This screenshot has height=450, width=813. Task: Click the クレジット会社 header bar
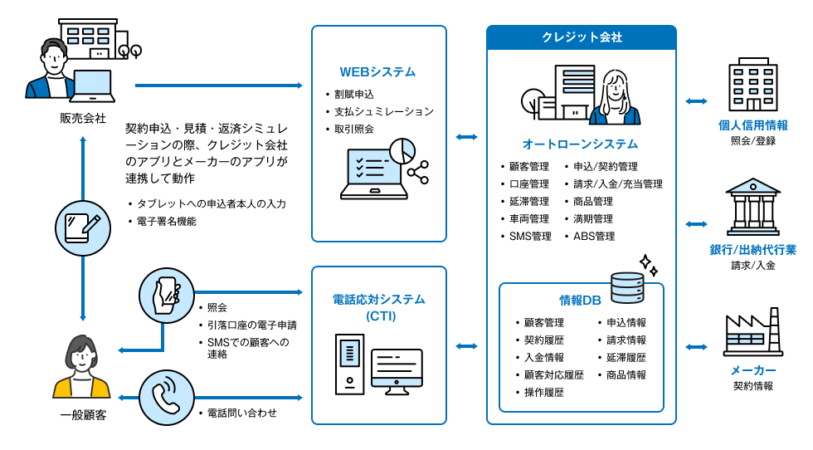tap(581, 37)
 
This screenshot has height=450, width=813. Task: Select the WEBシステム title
tap(377, 72)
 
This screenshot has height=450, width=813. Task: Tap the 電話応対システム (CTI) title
tap(378, 307)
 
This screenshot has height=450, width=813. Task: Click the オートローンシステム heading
tap(580, 144)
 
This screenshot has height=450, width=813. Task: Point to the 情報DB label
tap(580, 300)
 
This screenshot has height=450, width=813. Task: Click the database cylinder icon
tap(627, 288)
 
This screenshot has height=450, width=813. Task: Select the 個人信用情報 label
tap(752, 125)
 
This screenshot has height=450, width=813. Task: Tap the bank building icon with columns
tap(752, 207)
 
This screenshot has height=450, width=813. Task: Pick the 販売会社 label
tap(83, 118)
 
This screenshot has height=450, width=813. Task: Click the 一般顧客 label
tap(83, 414)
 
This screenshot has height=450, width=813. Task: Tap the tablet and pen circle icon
tap(83, 224)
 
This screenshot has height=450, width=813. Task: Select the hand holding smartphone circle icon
tap(167, 293)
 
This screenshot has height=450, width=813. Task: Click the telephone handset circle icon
tap(167, 397)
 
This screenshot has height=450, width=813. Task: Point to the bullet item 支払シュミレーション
tap(383, 111)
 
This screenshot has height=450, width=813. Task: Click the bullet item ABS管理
tap(594, 237)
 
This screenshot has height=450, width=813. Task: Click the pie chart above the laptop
tap(402, 150)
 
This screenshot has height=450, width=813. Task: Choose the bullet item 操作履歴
tap(543, 393)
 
